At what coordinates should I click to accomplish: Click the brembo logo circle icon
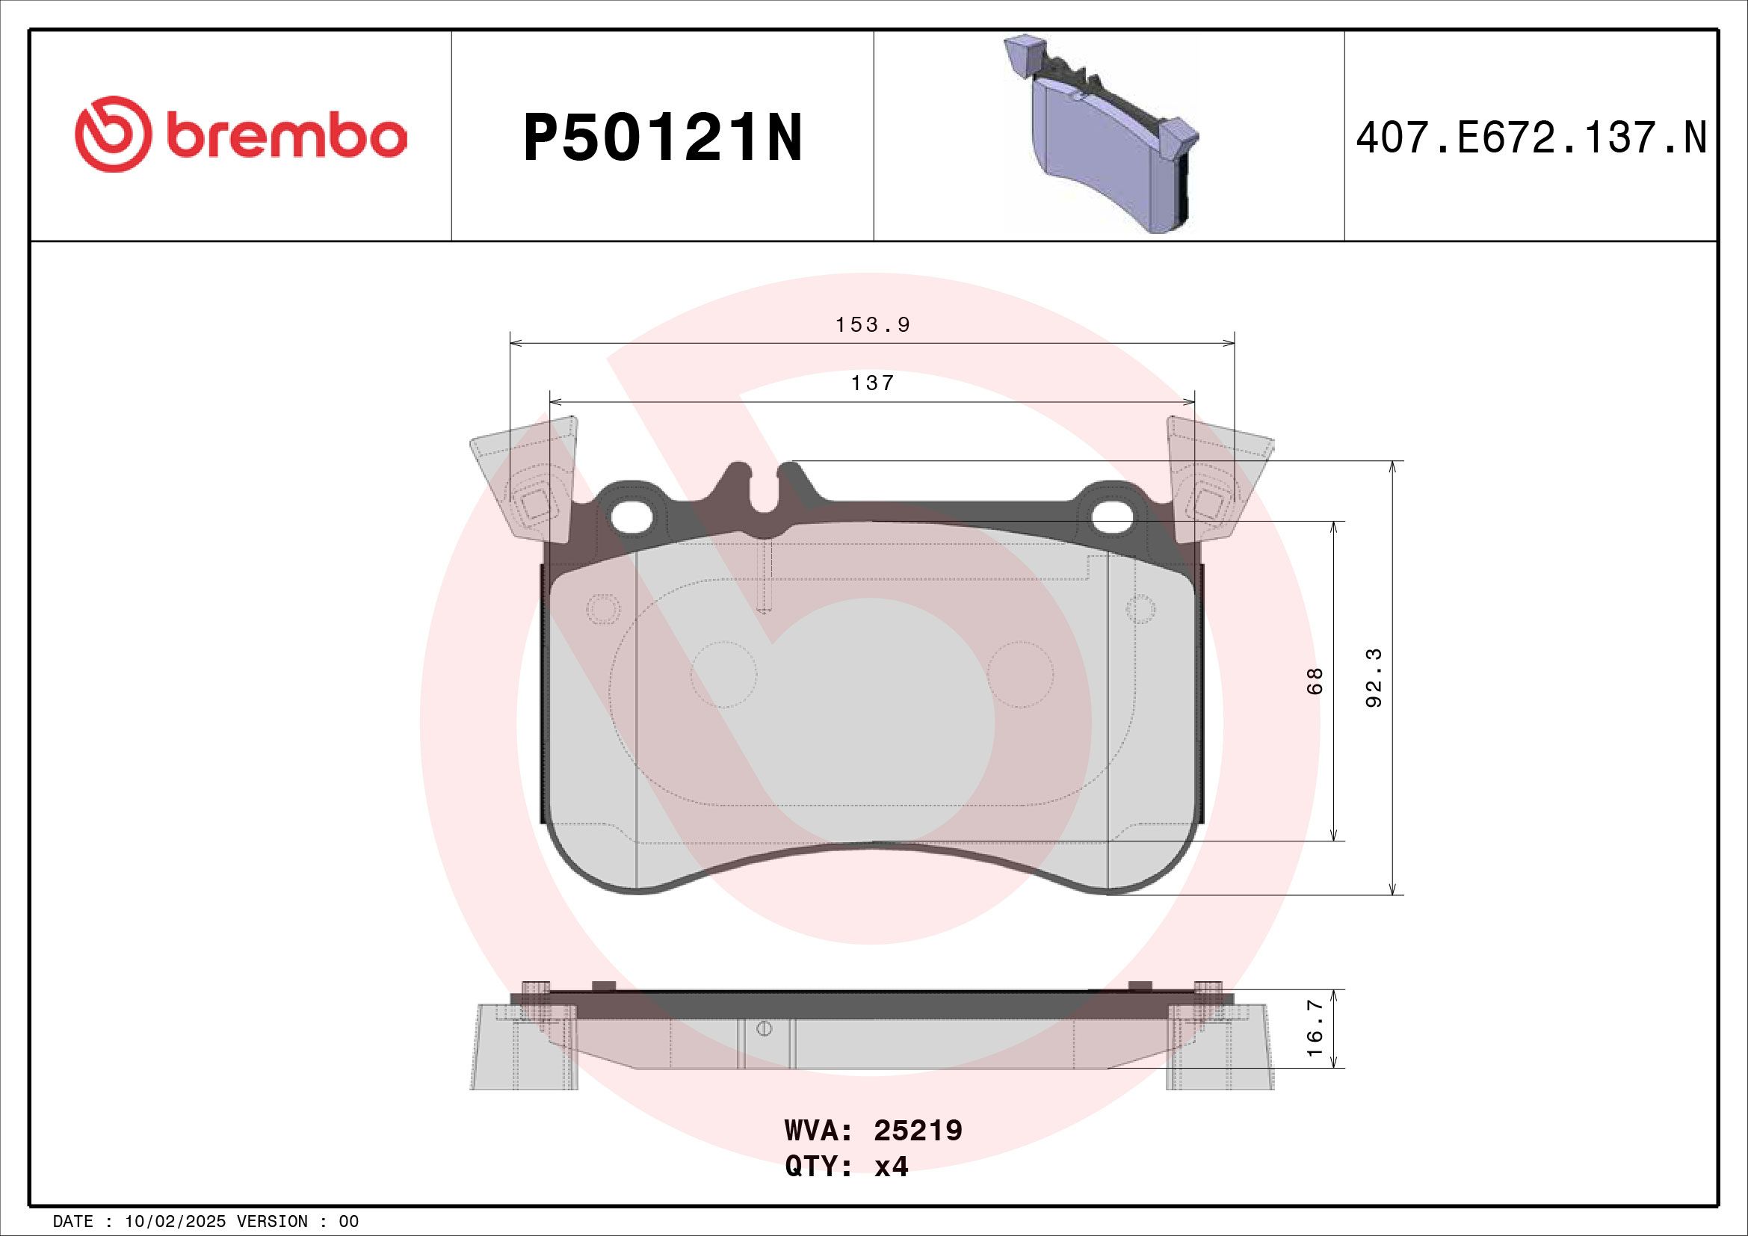point(111,134)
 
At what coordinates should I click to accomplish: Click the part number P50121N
point(662,138)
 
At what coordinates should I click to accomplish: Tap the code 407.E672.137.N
point(1531,138)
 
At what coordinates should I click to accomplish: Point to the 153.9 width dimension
point(872,325)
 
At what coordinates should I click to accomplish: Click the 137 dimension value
point(872,383)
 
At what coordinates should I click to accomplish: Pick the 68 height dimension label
point(1315,681)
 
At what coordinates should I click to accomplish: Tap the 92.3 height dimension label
point(1374,677)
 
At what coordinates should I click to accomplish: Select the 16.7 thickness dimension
point(1315,1028)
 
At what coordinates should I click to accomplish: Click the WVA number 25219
point(918,1131)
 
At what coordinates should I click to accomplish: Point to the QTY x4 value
point(891,1167)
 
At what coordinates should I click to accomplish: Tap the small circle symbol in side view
point(765,1029)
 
